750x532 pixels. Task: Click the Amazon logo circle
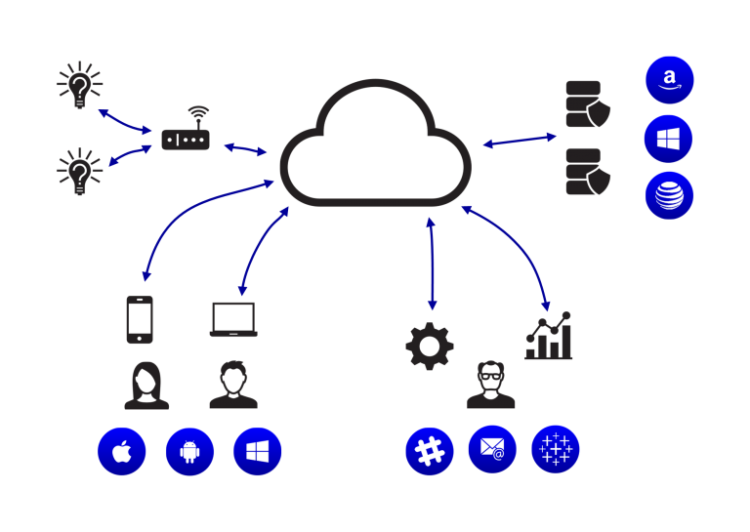point(669,80)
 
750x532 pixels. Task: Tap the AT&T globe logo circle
point(669,194)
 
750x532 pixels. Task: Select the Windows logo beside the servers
point(669,138)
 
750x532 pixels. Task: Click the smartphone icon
point(140,319)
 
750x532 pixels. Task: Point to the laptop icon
point(233,319)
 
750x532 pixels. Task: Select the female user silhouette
point(146,386)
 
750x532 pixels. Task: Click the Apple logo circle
point(122,452)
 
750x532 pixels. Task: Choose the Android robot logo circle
point(189,452)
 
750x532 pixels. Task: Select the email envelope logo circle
point(492,449)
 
